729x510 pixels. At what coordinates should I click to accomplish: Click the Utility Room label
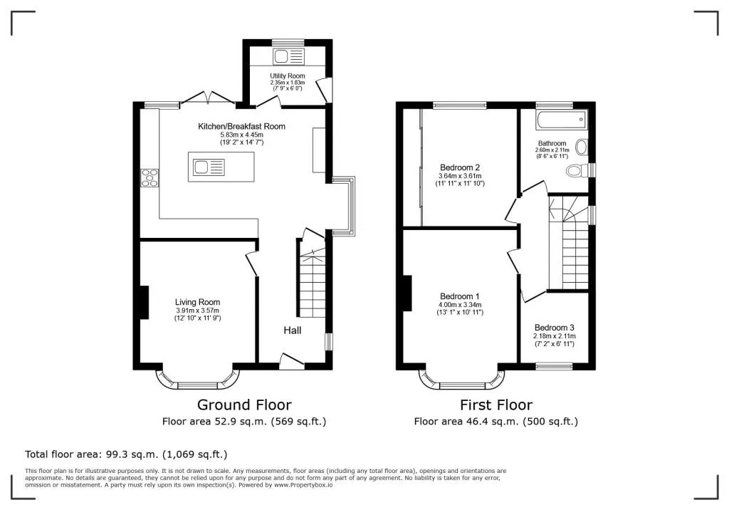[288, 76]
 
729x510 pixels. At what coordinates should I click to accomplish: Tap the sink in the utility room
[288, 57]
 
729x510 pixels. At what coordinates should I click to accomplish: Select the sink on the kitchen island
[209, 167]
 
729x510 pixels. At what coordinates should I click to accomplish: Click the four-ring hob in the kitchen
[150, 178]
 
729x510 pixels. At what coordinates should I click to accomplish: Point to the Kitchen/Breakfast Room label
[242, 126]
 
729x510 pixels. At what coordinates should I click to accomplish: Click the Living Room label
[198, 302]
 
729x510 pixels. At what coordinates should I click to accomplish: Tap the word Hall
[293, 331]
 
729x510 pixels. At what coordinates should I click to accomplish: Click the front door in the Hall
[291, 362]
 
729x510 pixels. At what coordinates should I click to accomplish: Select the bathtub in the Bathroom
[562, 120]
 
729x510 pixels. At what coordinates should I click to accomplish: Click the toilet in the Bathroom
[577, 171]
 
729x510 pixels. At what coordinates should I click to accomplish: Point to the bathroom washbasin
[581, 147]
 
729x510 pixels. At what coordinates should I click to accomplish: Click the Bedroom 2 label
[460, 167]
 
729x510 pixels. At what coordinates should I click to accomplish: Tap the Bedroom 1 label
[459, 296]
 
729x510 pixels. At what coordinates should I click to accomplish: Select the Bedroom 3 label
[554, 328]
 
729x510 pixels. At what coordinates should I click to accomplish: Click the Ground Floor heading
[244, 405]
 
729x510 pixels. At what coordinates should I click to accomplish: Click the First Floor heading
[496, 405]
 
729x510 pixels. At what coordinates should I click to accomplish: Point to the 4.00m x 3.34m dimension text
[459, 305]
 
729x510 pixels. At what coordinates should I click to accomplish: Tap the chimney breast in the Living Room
[144, 303]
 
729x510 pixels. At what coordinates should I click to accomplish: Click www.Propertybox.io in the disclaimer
[303, 485]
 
